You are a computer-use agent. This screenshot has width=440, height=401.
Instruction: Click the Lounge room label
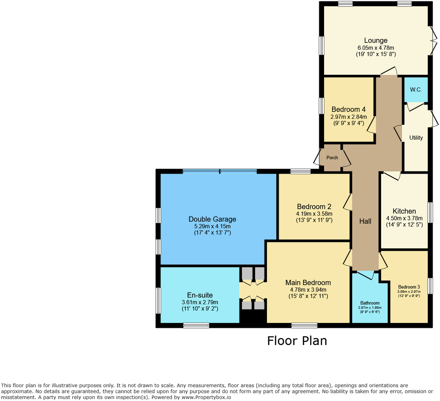(x=376, y=41)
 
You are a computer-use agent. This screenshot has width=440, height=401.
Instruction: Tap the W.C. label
(x=416, y=90)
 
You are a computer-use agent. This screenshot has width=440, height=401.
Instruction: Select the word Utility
(x=416, y=138)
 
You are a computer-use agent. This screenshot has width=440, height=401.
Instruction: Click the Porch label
(x=332, y=157)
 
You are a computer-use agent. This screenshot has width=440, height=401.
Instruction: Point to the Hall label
(x=365, y=221)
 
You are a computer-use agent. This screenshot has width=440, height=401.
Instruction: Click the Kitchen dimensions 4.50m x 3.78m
(x=404, y=218)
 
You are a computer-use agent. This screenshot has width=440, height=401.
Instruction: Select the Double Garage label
(x=212, y=219)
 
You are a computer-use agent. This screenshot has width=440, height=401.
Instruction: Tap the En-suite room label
(x=200, y=295)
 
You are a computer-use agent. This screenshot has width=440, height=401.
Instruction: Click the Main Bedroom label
(x=308, y=283)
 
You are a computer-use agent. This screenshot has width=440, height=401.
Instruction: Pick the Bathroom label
(x=370, y=303)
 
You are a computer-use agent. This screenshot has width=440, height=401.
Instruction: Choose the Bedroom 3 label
(x=409, y=287)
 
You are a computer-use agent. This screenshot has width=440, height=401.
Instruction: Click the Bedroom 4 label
(x=348, y=109)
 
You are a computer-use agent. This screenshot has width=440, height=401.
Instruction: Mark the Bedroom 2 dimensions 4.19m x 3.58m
(x=314, y=213)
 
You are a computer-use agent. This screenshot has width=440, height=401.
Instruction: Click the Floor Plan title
(x=297, y=341)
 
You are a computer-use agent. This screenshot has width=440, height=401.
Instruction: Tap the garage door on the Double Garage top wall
(x=220, y=171)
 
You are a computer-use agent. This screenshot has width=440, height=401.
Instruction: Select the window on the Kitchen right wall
(x=430, y=212)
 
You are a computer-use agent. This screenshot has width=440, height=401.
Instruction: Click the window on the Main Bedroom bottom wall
(x=304, y=325)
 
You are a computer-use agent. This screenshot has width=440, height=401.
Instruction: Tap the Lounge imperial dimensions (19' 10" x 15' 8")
(x=376, y=54)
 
